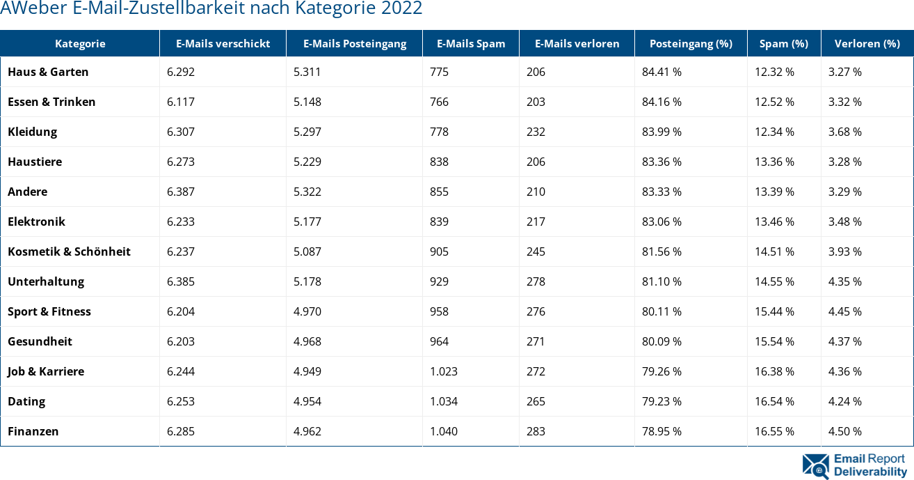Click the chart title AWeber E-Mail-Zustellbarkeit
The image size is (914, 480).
211,9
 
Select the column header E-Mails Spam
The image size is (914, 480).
471,43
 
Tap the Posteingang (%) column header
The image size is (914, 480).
691,43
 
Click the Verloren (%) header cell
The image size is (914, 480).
867,43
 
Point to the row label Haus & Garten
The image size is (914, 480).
48,72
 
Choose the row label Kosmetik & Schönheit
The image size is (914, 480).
69,251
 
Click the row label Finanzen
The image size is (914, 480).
33,431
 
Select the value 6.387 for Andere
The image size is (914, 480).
181,192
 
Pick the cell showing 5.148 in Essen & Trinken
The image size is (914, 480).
307,102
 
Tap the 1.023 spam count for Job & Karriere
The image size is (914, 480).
444,371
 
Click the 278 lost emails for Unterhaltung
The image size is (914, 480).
536,281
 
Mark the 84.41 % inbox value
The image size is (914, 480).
662,72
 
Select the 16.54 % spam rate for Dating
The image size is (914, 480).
774,401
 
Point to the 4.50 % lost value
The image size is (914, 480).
845,431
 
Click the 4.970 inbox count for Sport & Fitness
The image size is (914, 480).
307,311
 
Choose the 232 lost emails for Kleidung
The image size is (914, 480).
536,132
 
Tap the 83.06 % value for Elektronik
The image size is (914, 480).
662,222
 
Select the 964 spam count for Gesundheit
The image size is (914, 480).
439,341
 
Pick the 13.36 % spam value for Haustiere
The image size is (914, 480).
774,162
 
